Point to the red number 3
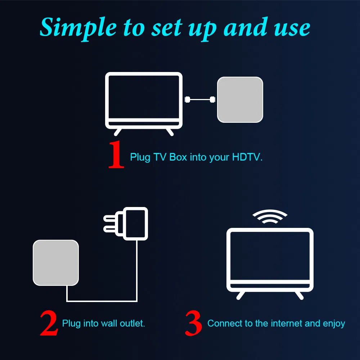[193, 324]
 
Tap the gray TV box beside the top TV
[240, 99]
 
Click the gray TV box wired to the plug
[55, 263]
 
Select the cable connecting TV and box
[200, 99]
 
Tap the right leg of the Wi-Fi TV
[298, 295]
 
